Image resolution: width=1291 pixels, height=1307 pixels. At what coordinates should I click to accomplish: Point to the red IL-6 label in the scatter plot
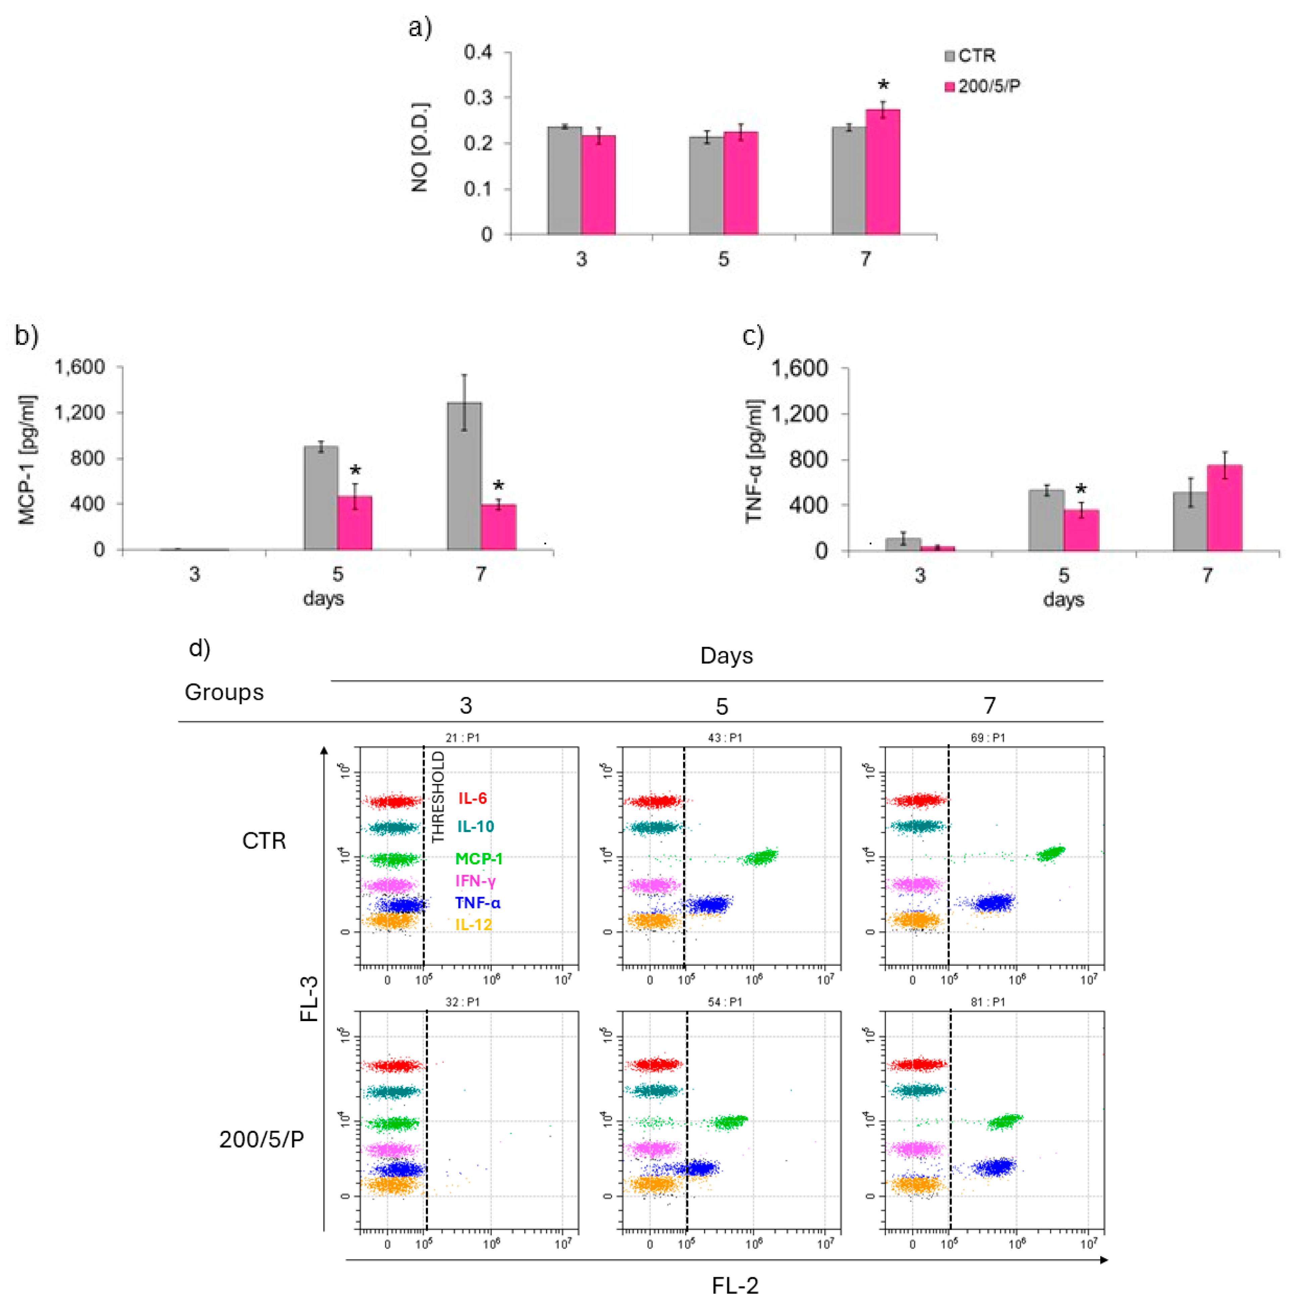coord(472,798)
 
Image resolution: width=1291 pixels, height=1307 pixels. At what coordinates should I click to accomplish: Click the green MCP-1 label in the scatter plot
coord(478,858)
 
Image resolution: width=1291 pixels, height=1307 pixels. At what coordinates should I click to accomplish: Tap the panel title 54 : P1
coord(725,1002)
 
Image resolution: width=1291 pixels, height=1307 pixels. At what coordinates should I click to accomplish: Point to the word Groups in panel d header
coord(224,692)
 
